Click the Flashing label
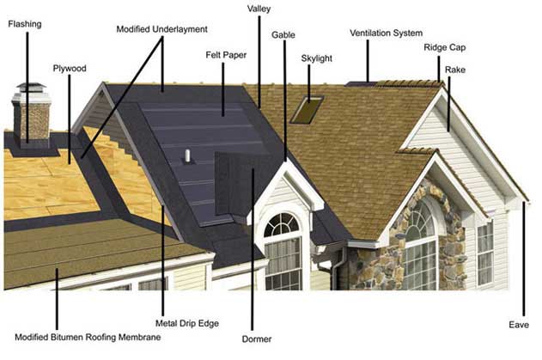point(25,24)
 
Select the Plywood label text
point(70,68)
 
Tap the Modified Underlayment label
point(161,29)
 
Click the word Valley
point(259,9)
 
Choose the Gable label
point(283,35)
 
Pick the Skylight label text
point(317,58)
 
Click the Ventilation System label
point(386,34)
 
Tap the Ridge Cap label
point(445,48)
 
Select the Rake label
point(455,69)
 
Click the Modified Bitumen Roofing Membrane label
point(88,337)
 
